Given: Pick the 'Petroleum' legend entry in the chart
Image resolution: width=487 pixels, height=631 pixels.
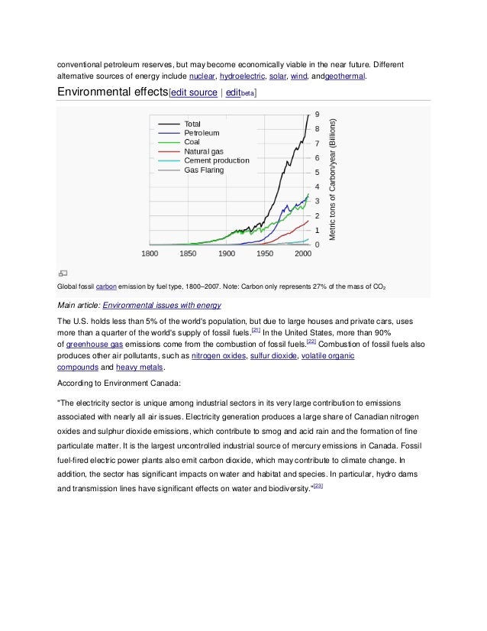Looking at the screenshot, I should (202, 132).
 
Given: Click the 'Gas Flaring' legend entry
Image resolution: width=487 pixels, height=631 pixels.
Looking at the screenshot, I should (204, 170).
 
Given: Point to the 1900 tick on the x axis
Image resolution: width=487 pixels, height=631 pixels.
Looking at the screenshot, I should (227, 253).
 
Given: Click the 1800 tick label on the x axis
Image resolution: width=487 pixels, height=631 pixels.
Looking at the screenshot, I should (150, 253).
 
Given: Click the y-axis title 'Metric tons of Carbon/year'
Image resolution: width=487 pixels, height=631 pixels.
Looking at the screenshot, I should (333, 180).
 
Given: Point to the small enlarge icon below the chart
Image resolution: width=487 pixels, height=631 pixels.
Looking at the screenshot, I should (63, 272).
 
